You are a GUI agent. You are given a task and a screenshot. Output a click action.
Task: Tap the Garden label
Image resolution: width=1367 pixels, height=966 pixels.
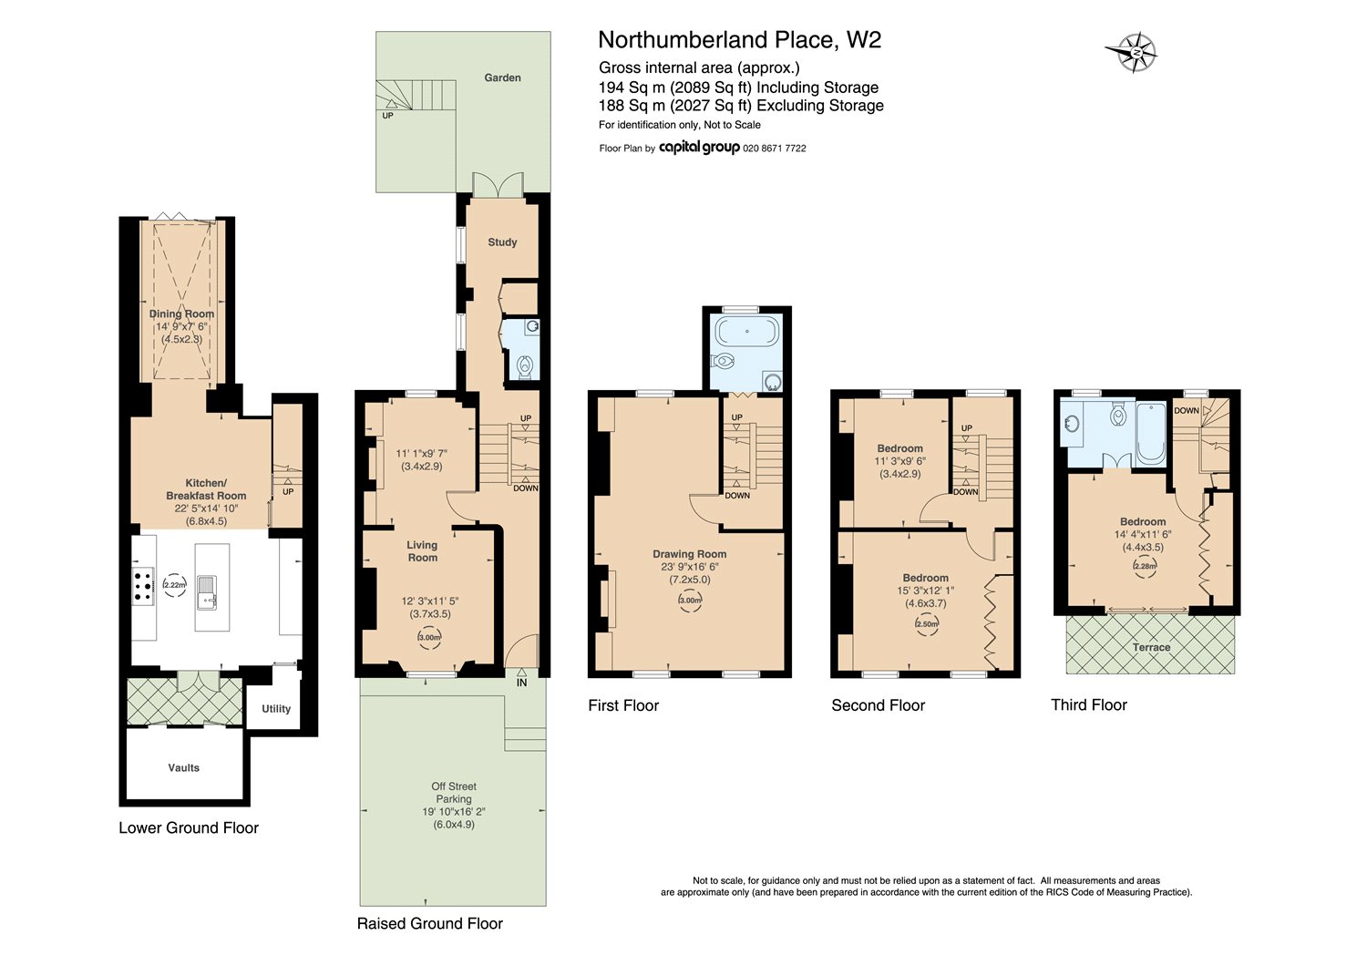[502, 77]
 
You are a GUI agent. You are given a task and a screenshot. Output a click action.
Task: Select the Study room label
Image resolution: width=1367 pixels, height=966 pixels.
[502, 242]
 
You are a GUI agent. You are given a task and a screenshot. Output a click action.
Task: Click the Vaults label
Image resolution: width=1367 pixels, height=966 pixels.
[184, 767]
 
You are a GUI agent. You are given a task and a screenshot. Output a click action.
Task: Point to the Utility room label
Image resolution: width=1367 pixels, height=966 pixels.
[276, 708]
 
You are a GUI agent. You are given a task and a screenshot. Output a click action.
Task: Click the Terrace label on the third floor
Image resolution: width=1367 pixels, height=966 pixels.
[1151, 647]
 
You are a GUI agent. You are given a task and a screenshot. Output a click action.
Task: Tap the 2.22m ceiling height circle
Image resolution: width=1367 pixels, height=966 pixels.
[175, 585]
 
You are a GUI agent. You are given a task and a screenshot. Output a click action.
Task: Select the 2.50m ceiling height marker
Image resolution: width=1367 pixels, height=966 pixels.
[927, 624]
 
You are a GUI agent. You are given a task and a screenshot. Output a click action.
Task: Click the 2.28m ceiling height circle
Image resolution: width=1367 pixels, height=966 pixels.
[1145, 566]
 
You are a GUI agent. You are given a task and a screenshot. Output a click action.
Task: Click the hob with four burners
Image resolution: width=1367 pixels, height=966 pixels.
[144, 586]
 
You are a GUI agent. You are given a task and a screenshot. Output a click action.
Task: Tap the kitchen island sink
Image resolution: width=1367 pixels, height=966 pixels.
[207, 592]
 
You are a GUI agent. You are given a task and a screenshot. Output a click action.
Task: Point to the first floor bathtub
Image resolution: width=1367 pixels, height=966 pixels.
[747, 332]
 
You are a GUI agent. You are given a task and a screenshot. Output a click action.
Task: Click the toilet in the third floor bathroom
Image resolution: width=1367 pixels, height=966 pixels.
[1118, 416]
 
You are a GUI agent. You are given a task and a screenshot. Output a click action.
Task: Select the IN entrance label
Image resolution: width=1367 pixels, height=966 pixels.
[521, 683]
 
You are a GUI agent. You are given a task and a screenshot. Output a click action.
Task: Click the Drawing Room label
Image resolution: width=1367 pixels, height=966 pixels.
[690, 554]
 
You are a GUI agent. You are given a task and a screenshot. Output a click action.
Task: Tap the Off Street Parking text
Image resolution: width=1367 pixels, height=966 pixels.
[454, 793]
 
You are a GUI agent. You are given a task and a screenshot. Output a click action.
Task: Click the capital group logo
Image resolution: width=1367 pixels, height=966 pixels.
[699, 148]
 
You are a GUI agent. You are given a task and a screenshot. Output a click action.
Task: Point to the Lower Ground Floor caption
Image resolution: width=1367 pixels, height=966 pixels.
[189, 828]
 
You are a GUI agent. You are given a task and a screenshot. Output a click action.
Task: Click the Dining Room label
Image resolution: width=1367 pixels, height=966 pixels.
[182, 313]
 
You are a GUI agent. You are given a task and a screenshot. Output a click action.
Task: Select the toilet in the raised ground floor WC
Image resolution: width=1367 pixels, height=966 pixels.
[525, 366]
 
